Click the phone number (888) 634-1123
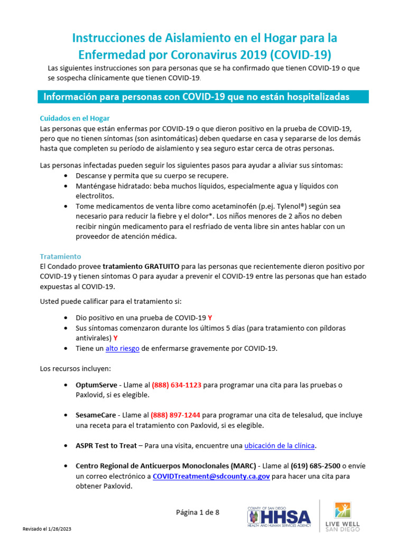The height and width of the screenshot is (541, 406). pos(177,385)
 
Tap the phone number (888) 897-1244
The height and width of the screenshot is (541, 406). pos(176,416)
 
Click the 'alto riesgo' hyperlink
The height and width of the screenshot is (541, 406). pos(122,348)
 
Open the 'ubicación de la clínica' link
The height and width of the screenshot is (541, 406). pos(280,445)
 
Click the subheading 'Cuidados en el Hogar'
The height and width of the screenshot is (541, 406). pos(75,118)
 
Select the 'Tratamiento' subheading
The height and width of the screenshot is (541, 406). pos(60,256)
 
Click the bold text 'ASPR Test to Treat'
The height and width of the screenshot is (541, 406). pos(106,445)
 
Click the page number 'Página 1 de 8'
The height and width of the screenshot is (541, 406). pos(197,512)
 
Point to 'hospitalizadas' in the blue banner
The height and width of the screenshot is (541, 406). pos(317,97)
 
